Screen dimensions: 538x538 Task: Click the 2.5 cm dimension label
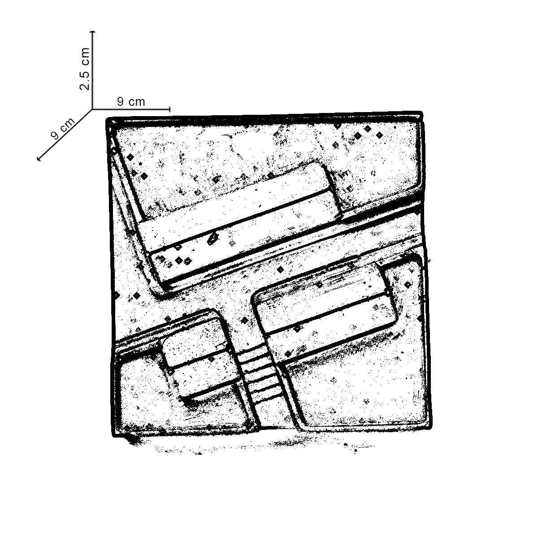[x=85, y=69]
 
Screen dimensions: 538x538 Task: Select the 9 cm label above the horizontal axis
[x=131, y=102]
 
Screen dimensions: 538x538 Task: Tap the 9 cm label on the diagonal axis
[x=63, y=128]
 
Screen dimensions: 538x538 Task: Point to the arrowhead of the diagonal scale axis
[x=39, y=160]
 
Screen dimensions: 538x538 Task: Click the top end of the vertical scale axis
[x=93, y=31]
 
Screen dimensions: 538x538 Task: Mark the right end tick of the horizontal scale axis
[x=169, y=109]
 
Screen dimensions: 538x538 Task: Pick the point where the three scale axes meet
[x=92, y=109]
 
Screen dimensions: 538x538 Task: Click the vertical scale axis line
[x=93, y=70]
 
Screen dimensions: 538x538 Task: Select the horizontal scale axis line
[x=131, y=109]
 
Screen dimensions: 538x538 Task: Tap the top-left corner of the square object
[x=107, y=120]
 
